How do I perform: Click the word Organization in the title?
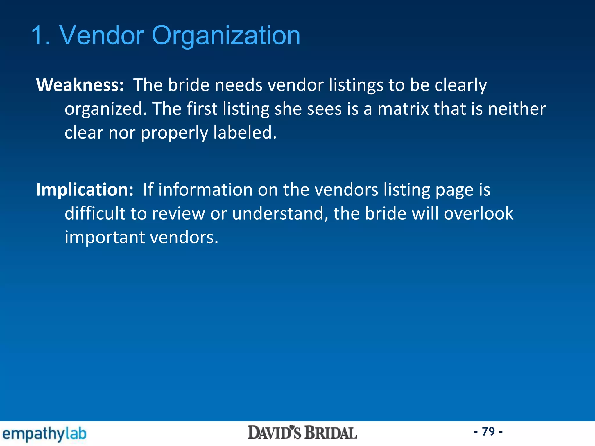click(x=226, y=36)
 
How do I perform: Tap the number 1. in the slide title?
click(x=41, y=36)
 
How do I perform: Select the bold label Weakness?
click(x=80, y=85)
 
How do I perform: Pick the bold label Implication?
click(x=85, y=190)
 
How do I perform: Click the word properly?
click(x=174, y=133)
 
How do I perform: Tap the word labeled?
click(x=245, y=132)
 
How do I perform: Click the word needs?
click(x=238, y=85)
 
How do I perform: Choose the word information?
click(x=205, y=190)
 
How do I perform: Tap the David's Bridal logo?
click(x=302, y=433)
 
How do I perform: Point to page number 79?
click(x=488, y=431)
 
